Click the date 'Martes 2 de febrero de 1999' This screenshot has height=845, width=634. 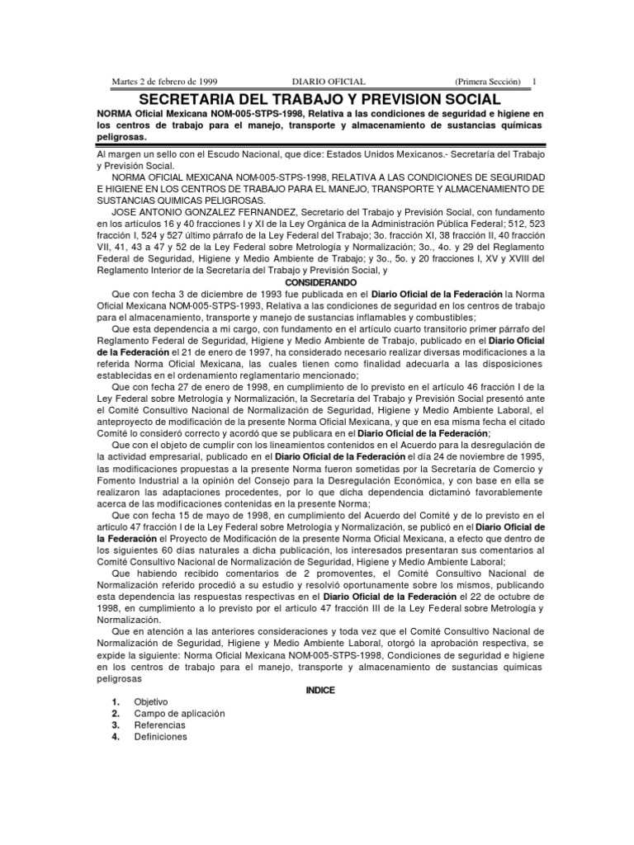click(x=165, y=82)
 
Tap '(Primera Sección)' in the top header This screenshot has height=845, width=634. click(x=488, y=82)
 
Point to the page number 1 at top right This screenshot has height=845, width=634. click(x=533, y=82)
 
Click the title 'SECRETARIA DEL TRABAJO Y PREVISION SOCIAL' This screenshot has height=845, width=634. click(x=317, y=98)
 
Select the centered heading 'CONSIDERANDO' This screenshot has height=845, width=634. click(x=317, y=281)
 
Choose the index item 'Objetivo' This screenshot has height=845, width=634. click(x=151, y=701)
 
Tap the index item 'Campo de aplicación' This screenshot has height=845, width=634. click(x=179, y=713)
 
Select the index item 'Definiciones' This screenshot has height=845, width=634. click(x=160, y=736)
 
